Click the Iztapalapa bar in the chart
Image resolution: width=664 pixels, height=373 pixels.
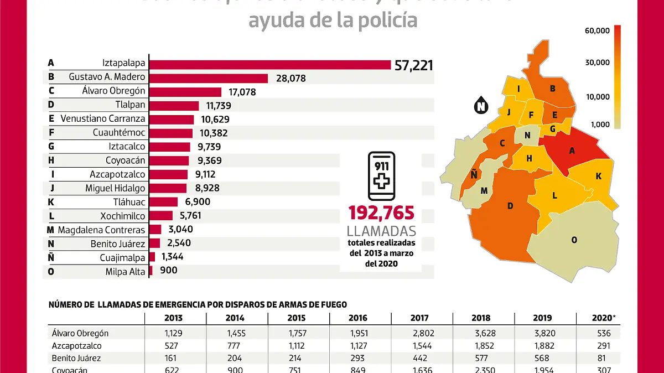pos(270,65)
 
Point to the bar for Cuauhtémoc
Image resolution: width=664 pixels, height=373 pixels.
pos(171,133)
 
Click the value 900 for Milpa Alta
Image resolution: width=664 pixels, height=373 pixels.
pos(169,271)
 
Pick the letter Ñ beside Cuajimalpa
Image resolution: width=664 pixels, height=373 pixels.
pos(51,257)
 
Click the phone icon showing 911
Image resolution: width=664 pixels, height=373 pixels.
pos(381,177)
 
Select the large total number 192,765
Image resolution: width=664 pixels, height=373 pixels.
pos(381,213)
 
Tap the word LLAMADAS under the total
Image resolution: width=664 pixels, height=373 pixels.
pos(381,231)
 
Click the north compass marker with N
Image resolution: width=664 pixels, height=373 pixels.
pos(481,106)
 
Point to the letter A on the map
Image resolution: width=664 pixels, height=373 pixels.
pos(572,151)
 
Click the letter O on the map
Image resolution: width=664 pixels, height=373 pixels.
pos(574,240)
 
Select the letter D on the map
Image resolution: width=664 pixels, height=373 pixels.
pos(510,206)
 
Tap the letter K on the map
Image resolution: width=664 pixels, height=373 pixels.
pos(598,176)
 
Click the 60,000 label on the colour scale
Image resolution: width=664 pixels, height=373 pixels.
pos(597,30)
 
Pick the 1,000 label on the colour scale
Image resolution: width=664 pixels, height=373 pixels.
pos(599,125)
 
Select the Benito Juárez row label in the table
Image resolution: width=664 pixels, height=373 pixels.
pos(77,358)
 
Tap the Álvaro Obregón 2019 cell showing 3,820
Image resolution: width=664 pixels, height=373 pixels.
pos(542,333)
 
